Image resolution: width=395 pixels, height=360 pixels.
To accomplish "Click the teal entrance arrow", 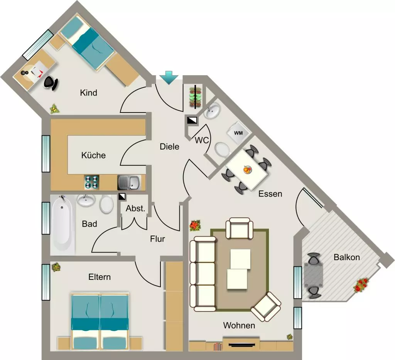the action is [169, 77].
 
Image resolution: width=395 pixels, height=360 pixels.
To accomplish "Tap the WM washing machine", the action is [238, 133].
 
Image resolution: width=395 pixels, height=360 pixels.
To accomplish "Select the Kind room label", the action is [88, 93].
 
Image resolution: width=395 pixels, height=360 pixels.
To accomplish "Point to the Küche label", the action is [93, 155].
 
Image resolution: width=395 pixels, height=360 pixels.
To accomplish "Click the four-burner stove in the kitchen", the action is [91, 182].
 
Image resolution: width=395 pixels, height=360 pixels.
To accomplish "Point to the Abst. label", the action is [135, 209].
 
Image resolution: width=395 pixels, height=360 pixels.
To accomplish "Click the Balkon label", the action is [347, 257].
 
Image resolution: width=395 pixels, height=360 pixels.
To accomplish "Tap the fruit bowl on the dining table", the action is [247, 170].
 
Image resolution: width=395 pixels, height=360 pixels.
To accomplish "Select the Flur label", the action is [157, 239].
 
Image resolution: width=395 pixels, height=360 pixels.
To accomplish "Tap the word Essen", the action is [270, 193].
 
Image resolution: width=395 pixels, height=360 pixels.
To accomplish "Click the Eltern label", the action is [100, 277].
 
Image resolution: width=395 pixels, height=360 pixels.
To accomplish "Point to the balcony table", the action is [313, 275].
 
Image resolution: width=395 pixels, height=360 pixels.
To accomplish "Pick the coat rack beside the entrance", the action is [195, 98].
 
